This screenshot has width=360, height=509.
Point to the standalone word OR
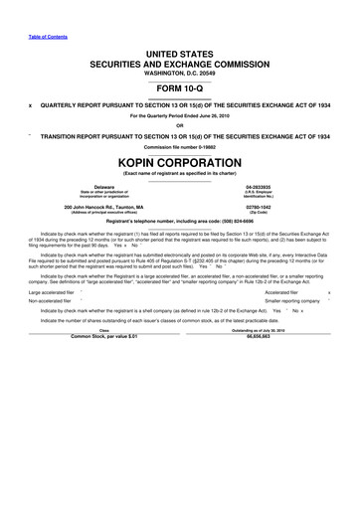[179, 124]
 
